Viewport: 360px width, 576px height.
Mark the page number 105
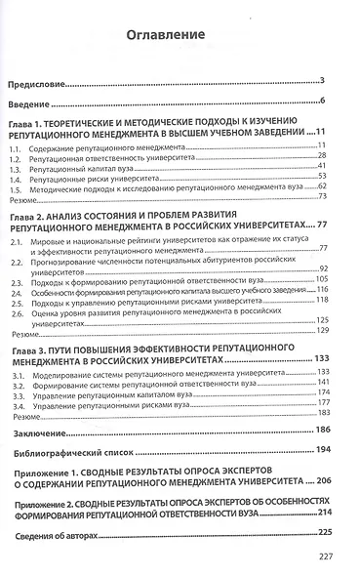pyautogui.click(x=330, y=276)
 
